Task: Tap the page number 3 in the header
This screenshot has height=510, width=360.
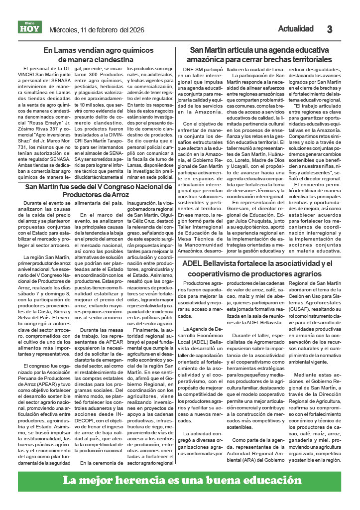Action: click(330, 29)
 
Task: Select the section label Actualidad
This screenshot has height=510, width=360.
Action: click(296, 28)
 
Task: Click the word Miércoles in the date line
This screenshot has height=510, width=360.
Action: click(64, 30)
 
